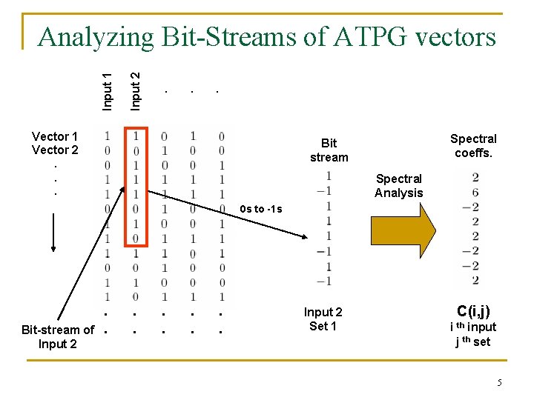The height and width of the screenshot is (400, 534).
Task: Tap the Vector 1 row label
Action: [55, 136]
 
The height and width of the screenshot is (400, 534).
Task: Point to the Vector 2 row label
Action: [55, 150]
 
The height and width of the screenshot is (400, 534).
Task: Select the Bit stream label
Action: [329, 150]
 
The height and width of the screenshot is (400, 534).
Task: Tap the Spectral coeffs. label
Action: [473, 146]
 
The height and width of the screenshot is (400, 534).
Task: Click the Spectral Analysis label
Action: [398, 186]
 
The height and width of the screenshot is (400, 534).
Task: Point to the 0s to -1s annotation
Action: [261, 209]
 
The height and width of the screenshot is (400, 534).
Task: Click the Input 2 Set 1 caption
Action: [323, 319]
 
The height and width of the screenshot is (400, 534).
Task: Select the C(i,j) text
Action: [473, 311]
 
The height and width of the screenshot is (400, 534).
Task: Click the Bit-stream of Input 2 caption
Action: [58, 336]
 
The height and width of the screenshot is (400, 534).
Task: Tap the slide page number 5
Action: [499, 382]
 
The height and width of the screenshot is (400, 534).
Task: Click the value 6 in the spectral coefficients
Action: [475, 192]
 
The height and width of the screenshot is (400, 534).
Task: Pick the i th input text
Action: [473, 327]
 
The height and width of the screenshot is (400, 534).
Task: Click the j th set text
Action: [473, 341]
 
